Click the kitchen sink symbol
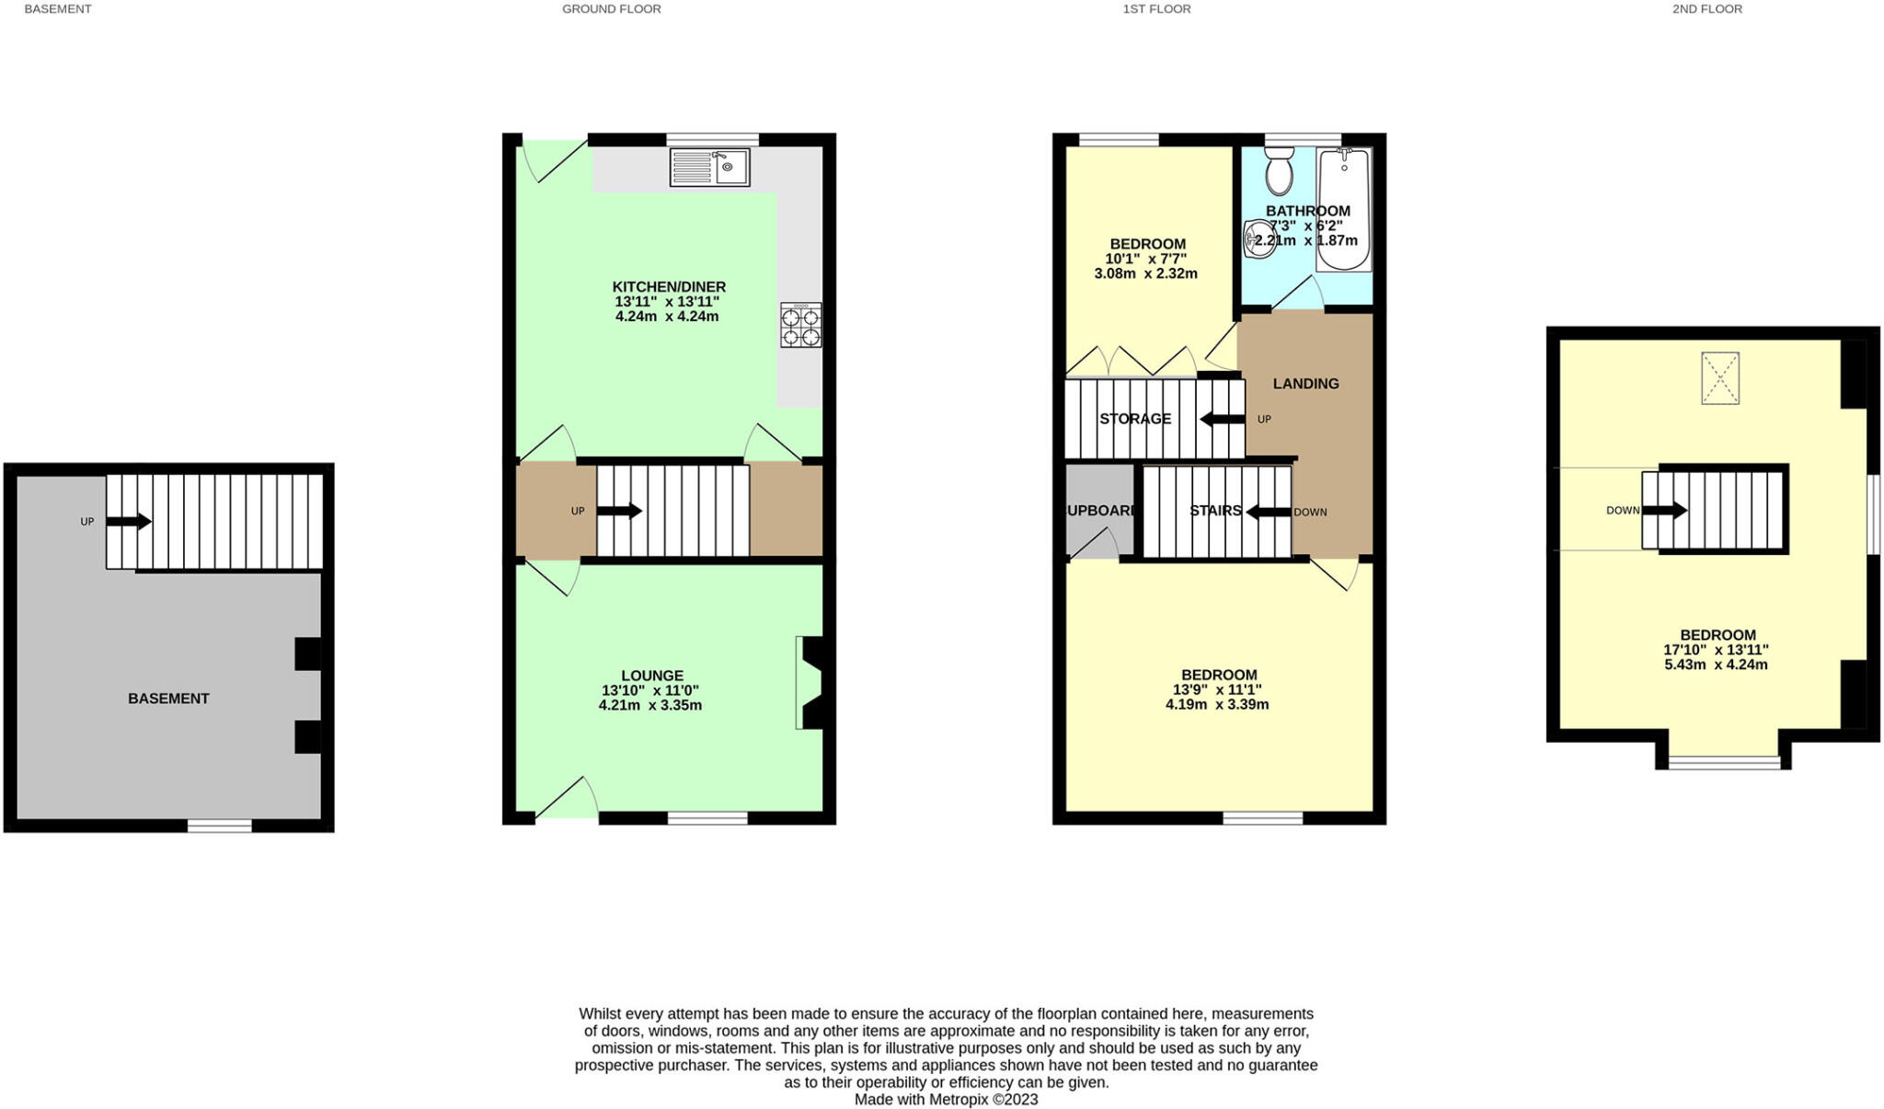[x=709, y=168]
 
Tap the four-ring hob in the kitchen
[x=800, y=326]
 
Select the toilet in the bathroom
[x=1279, y=172]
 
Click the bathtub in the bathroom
[x=1344, y=210]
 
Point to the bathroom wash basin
[x=1257, y=238]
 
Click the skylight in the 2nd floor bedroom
[x=1719, y=378]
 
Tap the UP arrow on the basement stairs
[x=128, y=522]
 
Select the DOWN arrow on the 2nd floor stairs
[x=1665, y=510]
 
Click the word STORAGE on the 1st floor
[x=1135, y=419]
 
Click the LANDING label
[x=1305, y=384]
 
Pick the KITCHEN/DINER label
[x=669, y=287]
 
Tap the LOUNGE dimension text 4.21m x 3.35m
[x=649, y=706]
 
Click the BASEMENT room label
[x=168, y=699]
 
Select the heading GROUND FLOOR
[x=611, y=9]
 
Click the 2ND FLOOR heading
[x=1706, y=9]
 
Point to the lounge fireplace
[x=809, y=683]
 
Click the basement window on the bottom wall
[x=219, y=826]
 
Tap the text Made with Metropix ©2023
[x=946, y=1099]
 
